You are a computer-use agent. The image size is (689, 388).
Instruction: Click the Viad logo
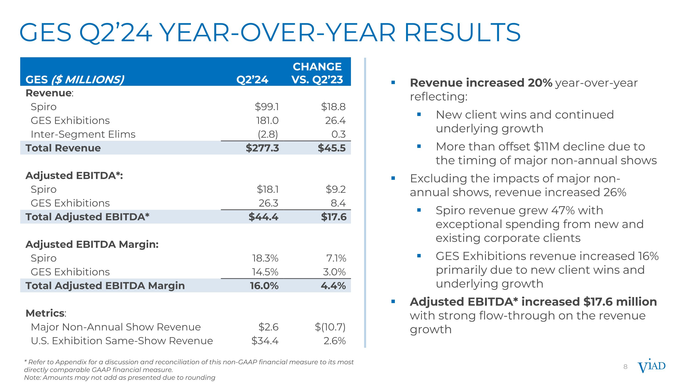651,366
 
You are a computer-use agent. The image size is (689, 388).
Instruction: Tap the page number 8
625,367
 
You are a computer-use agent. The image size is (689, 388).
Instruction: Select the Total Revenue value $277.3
262,148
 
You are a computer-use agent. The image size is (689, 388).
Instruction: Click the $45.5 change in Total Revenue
331,148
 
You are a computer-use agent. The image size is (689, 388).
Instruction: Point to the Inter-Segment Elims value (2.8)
268,134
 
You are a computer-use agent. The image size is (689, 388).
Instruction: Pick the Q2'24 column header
252,80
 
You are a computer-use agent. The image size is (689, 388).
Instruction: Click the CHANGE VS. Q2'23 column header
317,73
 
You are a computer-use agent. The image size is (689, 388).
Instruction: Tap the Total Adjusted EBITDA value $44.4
263,217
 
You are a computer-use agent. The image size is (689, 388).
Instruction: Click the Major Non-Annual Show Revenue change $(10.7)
330,327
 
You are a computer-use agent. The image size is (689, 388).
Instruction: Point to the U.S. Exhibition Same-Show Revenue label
122,341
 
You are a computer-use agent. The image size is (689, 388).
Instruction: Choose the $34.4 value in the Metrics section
265,341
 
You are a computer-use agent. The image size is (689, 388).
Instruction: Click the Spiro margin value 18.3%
265,258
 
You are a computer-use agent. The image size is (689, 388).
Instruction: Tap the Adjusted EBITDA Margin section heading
92,244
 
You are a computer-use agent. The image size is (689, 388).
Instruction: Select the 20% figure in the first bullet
540,83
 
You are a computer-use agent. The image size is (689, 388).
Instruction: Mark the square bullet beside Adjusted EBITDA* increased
393,302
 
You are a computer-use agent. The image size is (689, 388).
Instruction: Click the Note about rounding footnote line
120,378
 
